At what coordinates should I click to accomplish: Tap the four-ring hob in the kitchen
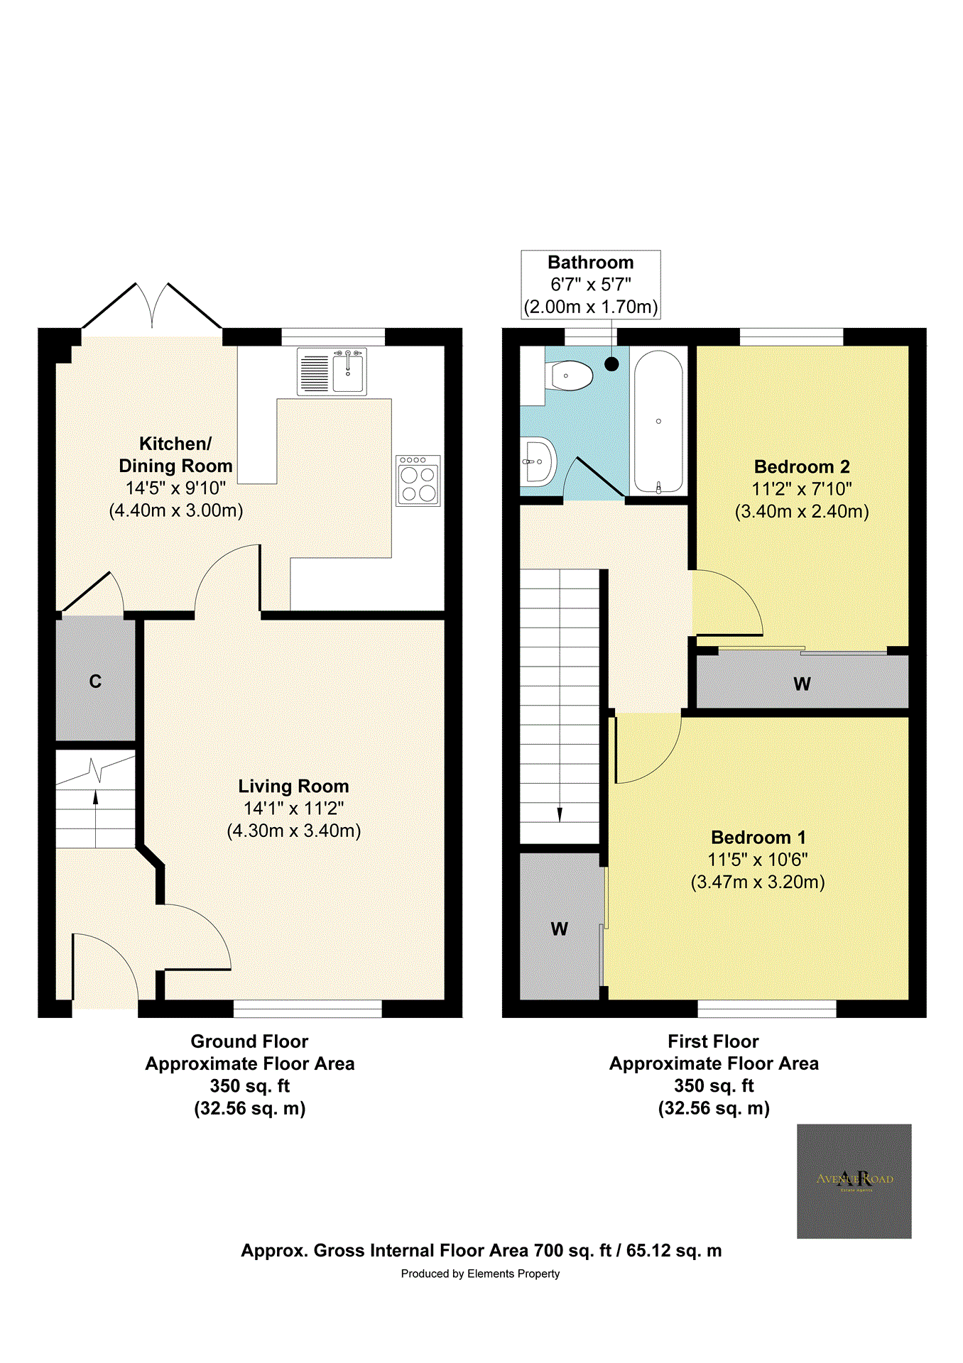(418, 481)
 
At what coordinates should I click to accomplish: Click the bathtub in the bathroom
(658, 422)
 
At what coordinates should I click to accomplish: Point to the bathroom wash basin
(538, 461)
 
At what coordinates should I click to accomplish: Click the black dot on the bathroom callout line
(611, 364)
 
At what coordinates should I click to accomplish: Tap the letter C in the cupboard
(95, 681)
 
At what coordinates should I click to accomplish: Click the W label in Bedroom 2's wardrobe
(802, 684)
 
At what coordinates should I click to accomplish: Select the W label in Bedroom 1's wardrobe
(559, 929)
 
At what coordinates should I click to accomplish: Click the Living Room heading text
(293, 786)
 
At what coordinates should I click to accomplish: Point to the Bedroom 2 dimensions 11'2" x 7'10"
(802, 489)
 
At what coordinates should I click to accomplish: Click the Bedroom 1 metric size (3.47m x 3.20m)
(758, 882)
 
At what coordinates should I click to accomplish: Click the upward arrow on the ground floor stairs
(96, 798)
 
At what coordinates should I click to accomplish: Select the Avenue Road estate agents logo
(854, 1181)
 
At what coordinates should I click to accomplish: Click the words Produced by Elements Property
(480, 1274)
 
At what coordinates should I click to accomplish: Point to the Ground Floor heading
(249, 1041)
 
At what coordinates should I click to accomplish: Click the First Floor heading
(713, 1041)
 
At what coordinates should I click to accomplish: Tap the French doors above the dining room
(152, 305)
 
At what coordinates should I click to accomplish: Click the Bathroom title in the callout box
(590, 263)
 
